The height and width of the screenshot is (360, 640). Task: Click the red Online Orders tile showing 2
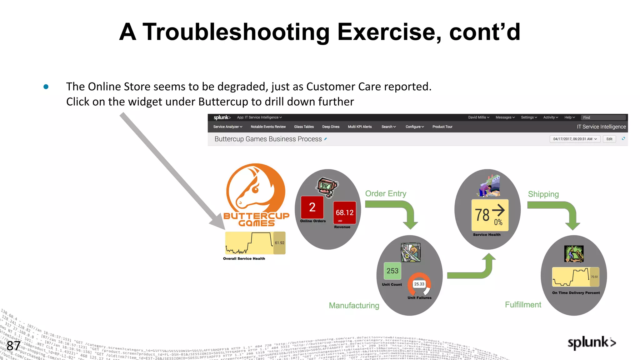[312, 207]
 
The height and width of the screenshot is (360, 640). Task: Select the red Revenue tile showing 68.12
[344, 212]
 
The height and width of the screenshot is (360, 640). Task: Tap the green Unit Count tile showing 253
[392, 271]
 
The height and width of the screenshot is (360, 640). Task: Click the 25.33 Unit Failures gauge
[419, 284]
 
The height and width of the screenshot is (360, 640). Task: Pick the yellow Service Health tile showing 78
[489, 215]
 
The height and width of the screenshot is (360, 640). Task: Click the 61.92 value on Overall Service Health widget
[279, 243]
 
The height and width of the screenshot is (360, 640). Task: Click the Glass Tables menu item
[304, 127]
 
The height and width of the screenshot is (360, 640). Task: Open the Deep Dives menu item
[331, 127]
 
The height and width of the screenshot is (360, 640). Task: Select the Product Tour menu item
[442, 127]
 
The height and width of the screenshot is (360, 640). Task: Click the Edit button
[609, 139]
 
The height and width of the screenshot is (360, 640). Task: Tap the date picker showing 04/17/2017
[575, 139]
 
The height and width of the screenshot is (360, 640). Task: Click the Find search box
[603, 117]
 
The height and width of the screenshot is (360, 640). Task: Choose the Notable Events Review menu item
[268, 127]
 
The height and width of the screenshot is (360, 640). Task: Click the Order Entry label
[386, 194]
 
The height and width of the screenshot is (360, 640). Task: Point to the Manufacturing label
[354, 306]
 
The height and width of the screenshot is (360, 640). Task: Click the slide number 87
[13, 346]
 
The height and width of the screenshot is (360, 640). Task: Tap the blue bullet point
[46, 87]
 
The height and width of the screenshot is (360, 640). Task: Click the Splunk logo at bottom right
[591, 342]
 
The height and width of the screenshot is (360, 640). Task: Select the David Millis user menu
[478, 117]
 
